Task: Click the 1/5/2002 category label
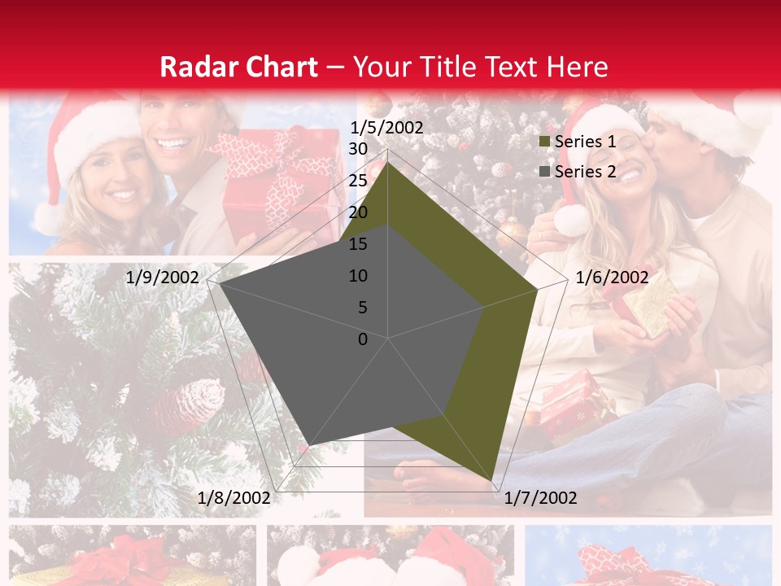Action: [x=386, y=128]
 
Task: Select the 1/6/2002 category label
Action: [x=612, y=278]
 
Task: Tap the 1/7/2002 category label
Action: [x=540, y=497]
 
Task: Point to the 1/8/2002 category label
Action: [x=234, y=497]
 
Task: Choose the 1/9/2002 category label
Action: [x=163, y=278]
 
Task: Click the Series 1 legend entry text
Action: [x=585, y=142]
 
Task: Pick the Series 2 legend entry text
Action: [x=585, y=172]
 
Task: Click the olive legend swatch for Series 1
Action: [x=545, y=142]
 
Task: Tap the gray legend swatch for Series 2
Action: [x=545, y=172]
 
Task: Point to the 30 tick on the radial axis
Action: [x=358, y=149]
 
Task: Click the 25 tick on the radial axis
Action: [x=358, y=181]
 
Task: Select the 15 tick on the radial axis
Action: [x=358, y=244]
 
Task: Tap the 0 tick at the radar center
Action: [x=363, y=339]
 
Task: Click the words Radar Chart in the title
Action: [x=238, y=68]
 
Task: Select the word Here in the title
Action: [x=577, y=68]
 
